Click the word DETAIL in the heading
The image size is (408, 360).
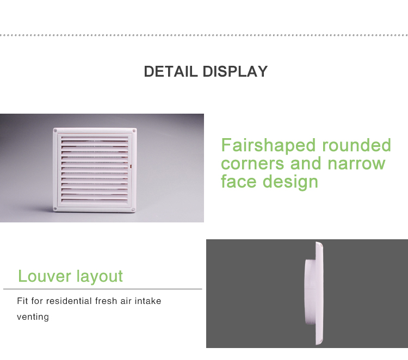click(171, 72)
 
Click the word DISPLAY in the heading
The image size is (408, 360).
click(235, 72)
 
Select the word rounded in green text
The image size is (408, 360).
click(356, 145)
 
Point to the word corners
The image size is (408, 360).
click(252, 164)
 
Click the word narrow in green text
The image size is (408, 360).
click(356, 164)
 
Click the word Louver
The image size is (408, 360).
click(45, 276)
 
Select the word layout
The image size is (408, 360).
click(100, 277)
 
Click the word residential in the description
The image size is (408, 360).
click(69, 301)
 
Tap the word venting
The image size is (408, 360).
click(33, 317)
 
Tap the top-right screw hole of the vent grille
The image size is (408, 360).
click(134, 131)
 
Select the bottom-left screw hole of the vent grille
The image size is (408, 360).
click(55, 209)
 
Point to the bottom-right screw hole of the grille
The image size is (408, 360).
click(133, 209)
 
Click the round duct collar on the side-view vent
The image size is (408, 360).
click(311, 291)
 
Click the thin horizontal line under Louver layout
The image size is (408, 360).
click(102, 289)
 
